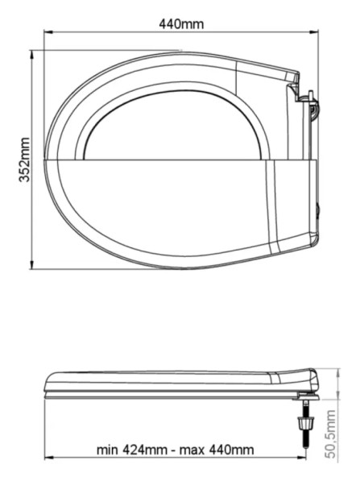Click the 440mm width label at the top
pos(181,24)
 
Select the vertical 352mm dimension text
pos(24,160)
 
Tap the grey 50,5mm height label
pos(331,434)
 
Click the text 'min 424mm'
pos(132,450)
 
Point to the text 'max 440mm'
pos(217,450)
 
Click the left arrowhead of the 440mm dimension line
pos(48,31)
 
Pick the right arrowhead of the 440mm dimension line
pos(314,31)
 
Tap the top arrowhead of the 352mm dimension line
pos(31,55)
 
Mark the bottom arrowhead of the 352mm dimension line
pos(31,264)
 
